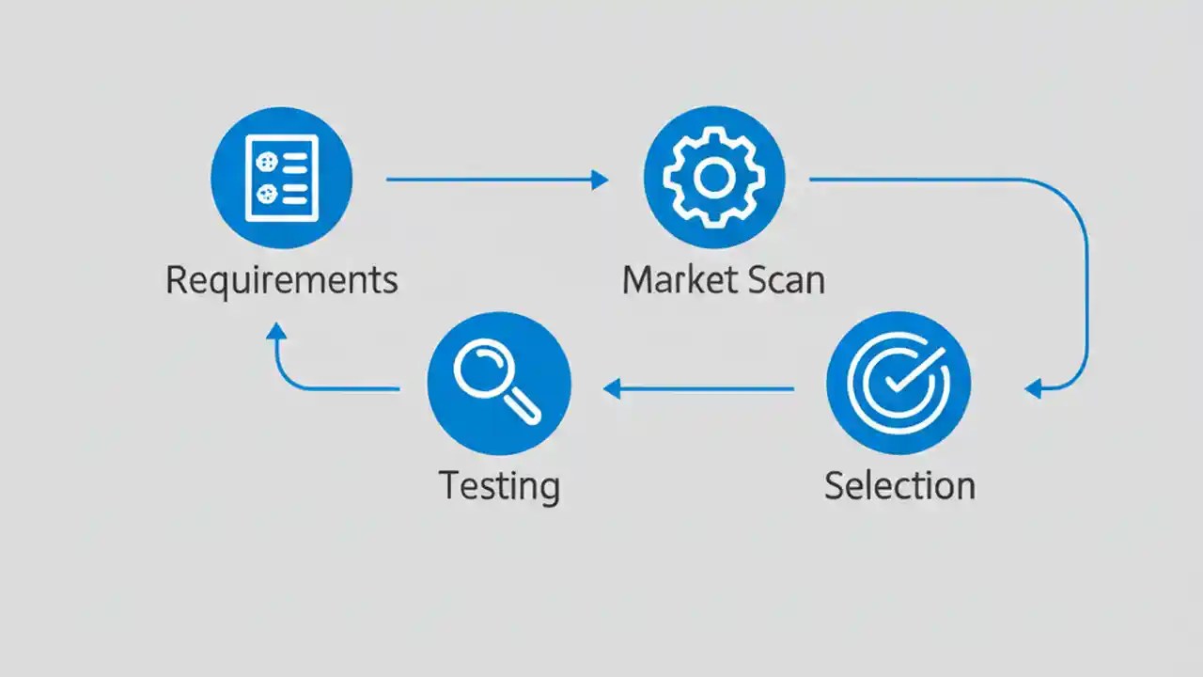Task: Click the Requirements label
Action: click(x=282, y=280)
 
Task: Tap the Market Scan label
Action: click(x=724, y=280)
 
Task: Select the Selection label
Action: click(x=899, y=485)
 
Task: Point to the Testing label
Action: click(x=499, y=485)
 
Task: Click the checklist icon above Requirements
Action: click(x=281, y=178)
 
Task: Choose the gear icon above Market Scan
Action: click(x=713, y=177)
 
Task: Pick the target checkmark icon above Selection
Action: click(x=898, y=383)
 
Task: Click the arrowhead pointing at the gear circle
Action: click(x=599, y=180)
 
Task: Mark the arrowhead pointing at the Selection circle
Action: click(x=1034, y=388)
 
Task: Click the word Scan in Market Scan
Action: click(x=786, y=280)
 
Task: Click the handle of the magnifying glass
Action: click(x=524, y=406)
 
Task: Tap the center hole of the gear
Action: click(x=713, y=177)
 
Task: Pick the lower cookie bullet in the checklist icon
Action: click(x=267, y=194)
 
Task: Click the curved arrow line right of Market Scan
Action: click(x=1086, y=282)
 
